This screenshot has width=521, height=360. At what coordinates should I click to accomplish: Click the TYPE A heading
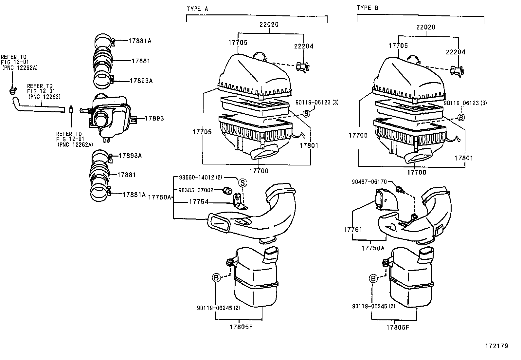pyautogui.click(x=197, y=9)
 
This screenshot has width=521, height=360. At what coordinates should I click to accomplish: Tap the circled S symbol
pyautogui.click(x=243, y=183)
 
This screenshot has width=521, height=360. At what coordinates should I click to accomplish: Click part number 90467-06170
pyautogui.click(x=369, y=181)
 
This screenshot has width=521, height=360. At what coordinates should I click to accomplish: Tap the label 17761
pyautogui.click(x=353, y=230)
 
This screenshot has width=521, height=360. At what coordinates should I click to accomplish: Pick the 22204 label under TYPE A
pyautogui.click(x=303, y=46)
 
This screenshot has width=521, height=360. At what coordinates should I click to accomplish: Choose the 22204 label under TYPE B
pyautogui.click(x=456, y=52)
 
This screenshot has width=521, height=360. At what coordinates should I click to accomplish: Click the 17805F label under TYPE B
pyautogui.click(x=398, y=327)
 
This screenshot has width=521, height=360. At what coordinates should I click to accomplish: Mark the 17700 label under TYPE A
pyautogui.click(x=259, y=171)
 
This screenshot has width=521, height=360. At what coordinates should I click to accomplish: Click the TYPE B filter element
pyautogui.click(x=409, y=110)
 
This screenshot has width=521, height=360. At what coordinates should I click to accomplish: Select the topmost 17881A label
pyautogui.click(x=140, y=41)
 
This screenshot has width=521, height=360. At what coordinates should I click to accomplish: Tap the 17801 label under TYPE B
pyautogui.click(x=463, y=158)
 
